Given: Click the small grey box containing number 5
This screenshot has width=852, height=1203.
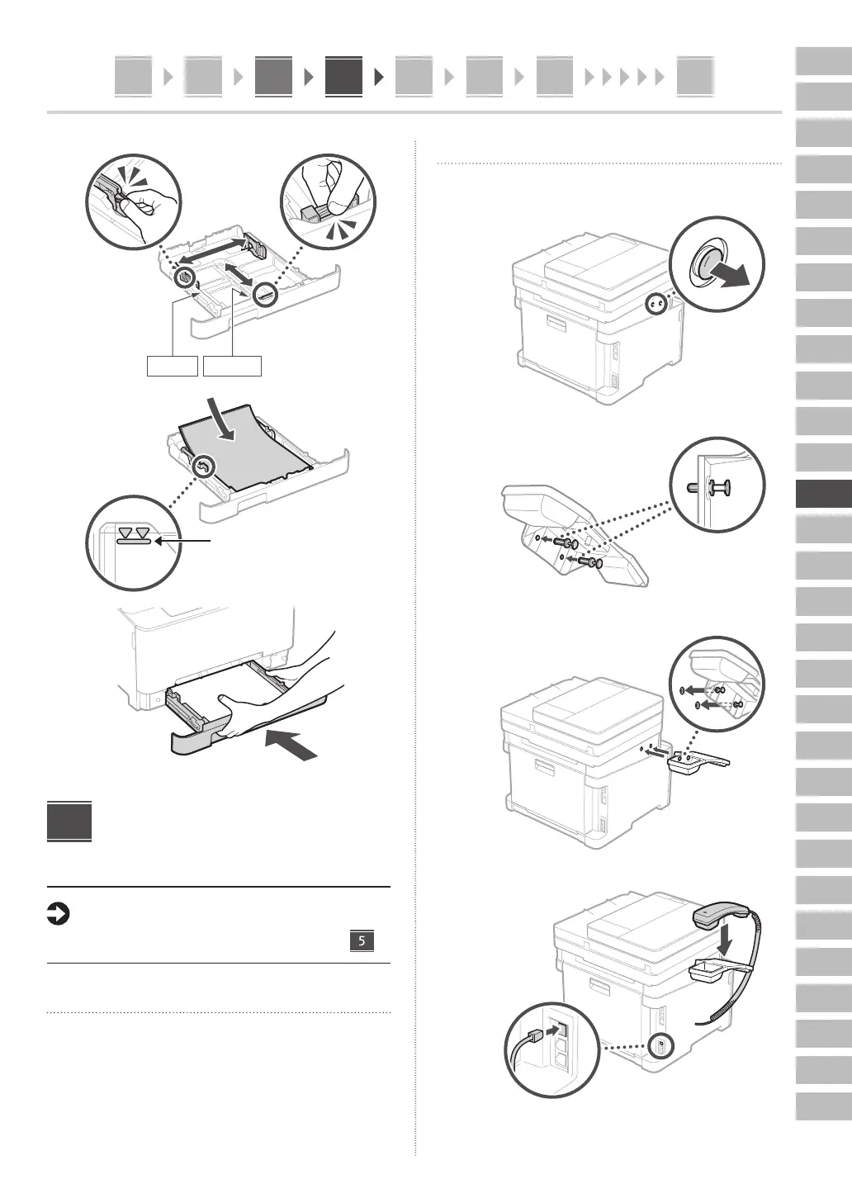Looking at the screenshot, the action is (x=362, y=940).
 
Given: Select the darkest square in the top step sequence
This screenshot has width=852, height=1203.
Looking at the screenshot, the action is (x=343, y=77).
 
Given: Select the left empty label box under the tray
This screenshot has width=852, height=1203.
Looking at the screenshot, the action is (x=173, y=366).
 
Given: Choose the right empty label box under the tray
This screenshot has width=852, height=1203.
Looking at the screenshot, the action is (x=233, y=366).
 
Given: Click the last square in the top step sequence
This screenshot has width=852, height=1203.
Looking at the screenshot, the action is (x=694, y=77).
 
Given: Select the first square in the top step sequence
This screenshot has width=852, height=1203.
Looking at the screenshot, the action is (x=133, y=77).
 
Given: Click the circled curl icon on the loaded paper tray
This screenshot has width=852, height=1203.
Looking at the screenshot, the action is (x=203, y=469).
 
